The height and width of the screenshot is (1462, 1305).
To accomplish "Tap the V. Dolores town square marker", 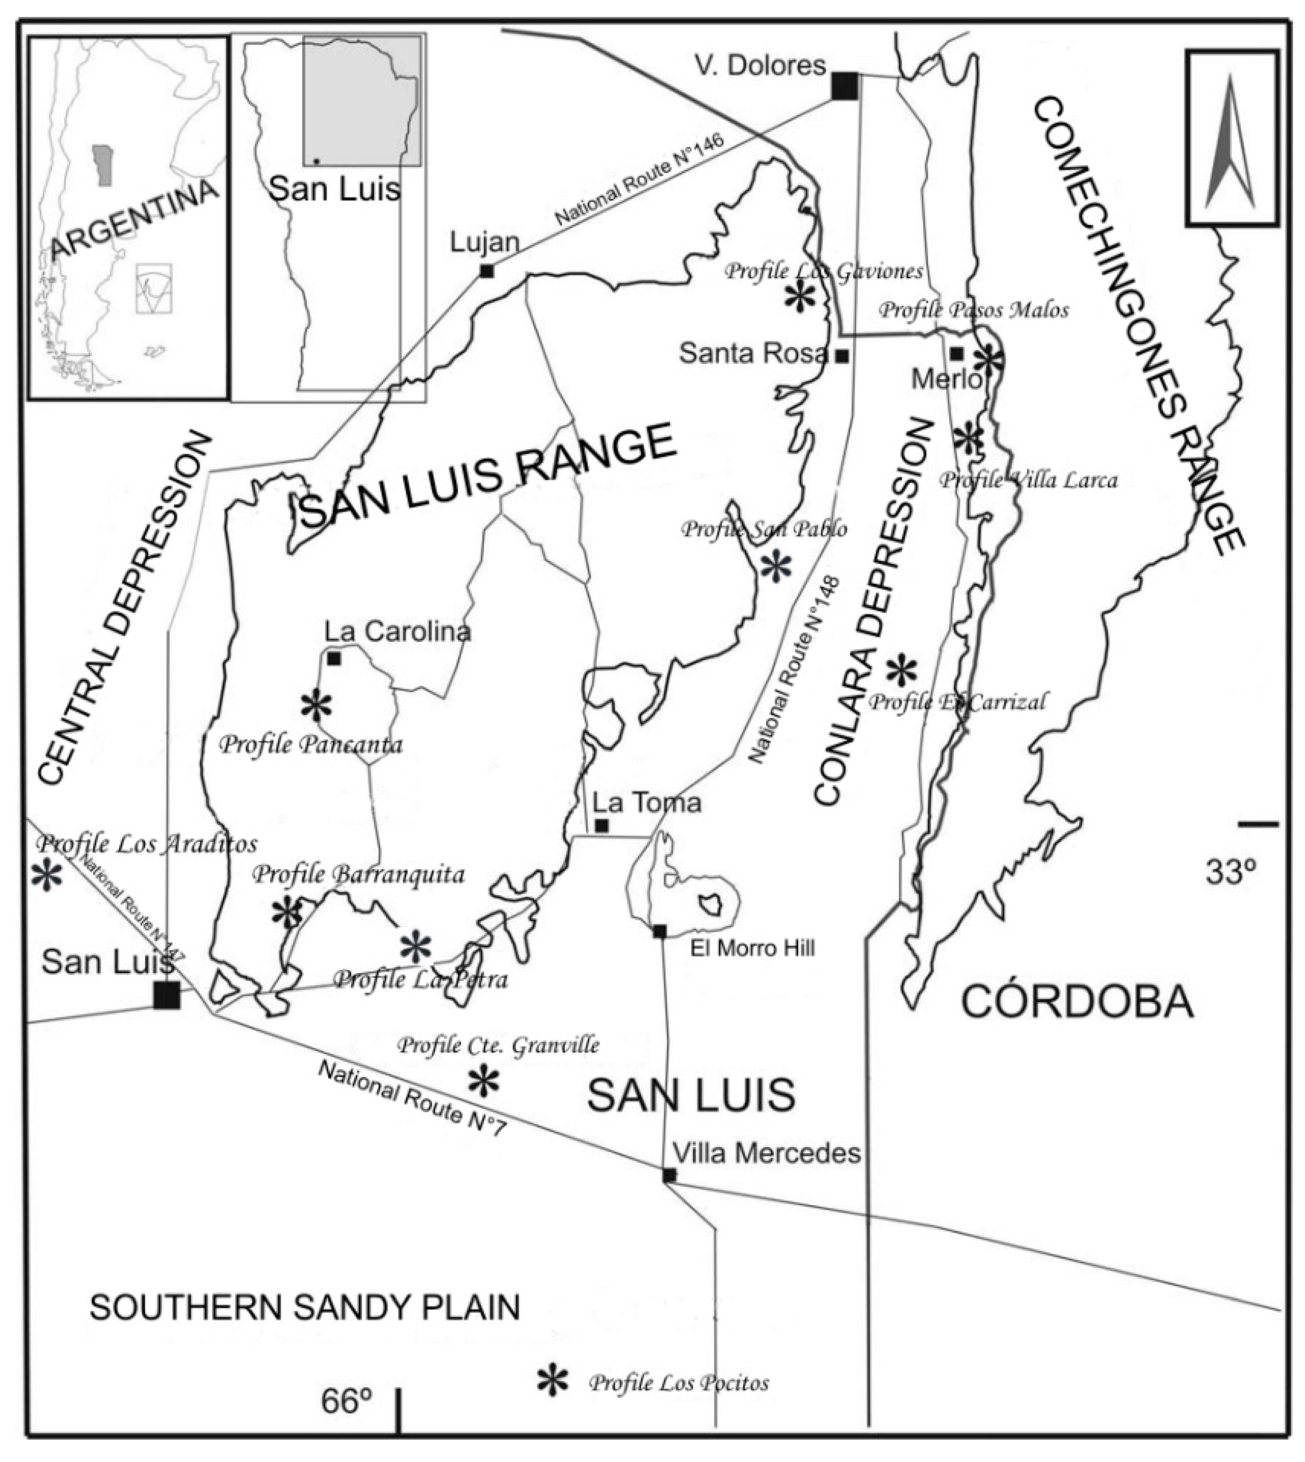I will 845,86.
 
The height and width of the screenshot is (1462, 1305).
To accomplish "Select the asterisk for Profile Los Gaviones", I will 800,296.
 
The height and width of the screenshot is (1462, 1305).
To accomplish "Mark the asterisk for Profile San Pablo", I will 776,567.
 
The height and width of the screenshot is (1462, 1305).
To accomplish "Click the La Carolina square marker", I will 333,657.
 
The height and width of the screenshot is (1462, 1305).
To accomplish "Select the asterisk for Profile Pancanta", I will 316,706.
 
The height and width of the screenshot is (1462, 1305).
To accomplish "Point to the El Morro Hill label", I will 752,948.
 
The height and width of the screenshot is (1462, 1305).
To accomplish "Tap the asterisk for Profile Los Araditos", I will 47,875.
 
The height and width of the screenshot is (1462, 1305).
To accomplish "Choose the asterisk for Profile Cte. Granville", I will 483,1081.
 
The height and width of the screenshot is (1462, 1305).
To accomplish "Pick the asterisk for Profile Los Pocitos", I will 553,1380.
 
